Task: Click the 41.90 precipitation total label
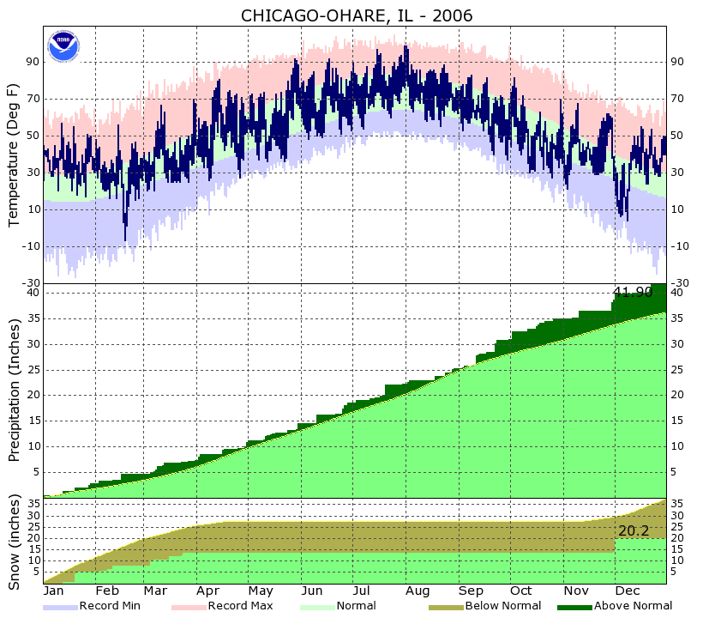point(633,293)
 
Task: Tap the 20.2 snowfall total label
point(634,531)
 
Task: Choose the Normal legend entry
point(356,606)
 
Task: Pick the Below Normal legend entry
point(502,606)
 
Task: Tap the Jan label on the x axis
point(54,591)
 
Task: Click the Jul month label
point(362,591)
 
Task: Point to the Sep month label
point(470,591)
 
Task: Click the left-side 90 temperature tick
point(33,62)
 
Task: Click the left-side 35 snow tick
point(33,503)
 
